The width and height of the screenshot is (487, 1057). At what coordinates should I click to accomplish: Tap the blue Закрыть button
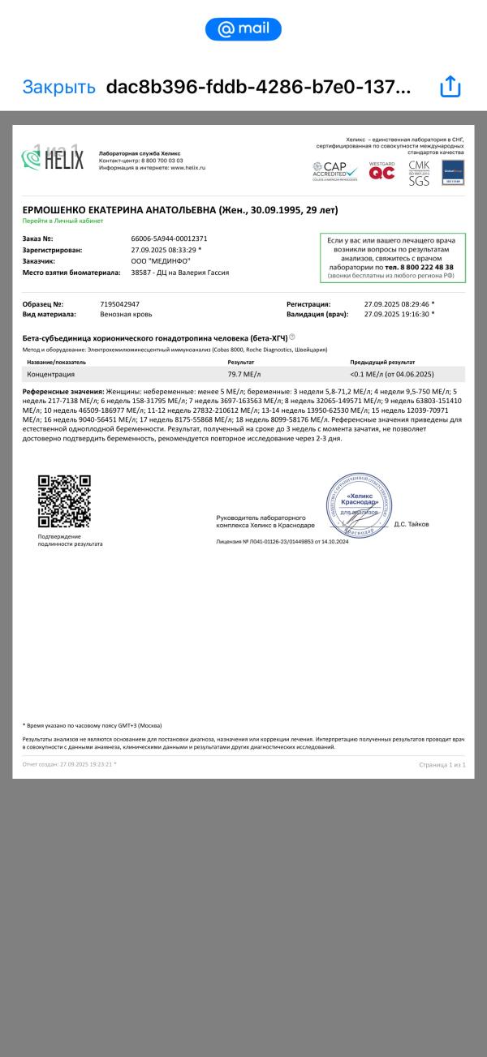coord(58,87)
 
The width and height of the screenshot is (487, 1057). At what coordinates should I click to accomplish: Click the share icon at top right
coord(450,87)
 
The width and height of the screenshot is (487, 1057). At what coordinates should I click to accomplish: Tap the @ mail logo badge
coord(243,29)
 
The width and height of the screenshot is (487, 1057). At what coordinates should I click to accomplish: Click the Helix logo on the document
coord(54,158)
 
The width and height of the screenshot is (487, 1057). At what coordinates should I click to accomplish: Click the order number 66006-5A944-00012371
coord(169,238)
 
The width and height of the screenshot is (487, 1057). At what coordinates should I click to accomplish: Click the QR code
coord(64,501)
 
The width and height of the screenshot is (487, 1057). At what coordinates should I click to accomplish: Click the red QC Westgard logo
coord(381,170)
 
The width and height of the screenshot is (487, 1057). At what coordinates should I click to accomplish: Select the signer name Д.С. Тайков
coord(412,524)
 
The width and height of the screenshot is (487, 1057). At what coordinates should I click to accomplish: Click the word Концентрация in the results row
coord(51,374)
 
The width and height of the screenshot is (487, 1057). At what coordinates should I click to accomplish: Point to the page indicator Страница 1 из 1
coord(442,764)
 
